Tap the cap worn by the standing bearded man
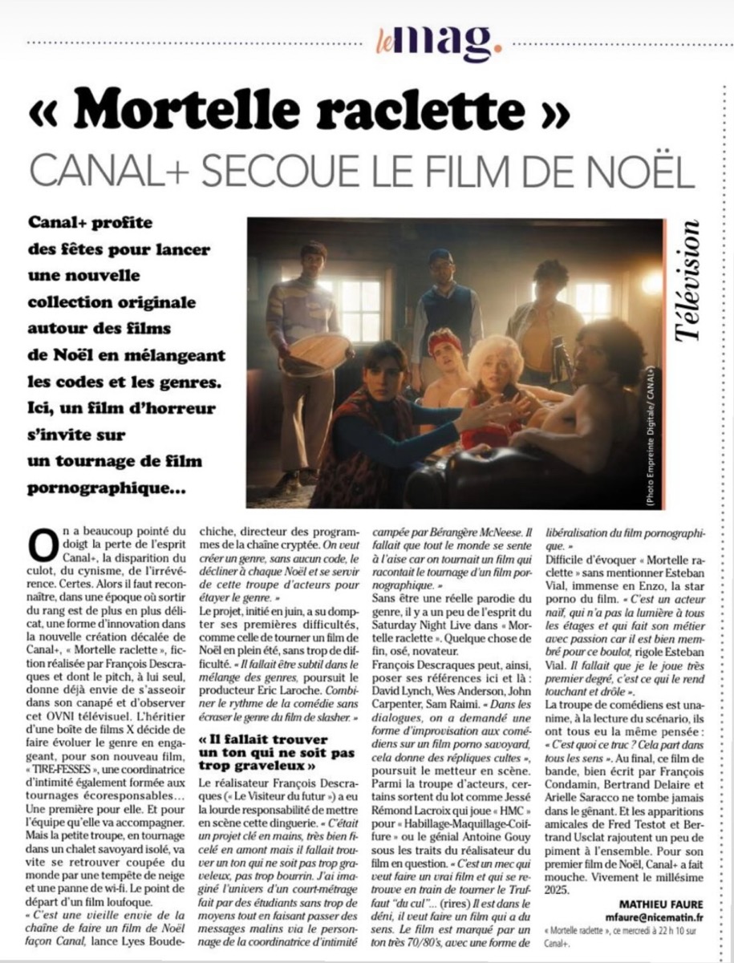coord(440,257)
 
